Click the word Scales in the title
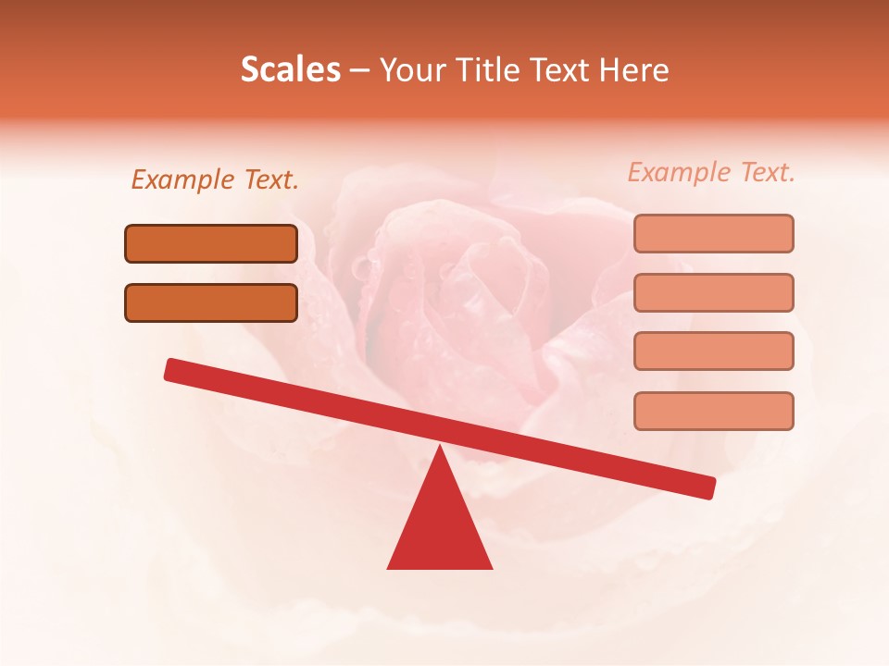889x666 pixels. [x=290, y=70]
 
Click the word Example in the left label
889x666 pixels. [x=182, y=179]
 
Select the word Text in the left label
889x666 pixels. [x=270, y=179]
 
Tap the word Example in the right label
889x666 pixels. [x=679, y=172]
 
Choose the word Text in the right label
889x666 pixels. [x=767, y=172]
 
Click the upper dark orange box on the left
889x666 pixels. [x=211, y=244]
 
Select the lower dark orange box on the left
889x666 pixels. [x=211, y=302]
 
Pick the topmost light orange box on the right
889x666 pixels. [x=713, y=233]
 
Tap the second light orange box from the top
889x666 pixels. [x=713, y=292]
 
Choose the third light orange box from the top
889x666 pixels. [x=713, y=351]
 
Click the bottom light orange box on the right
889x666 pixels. [x=713, y=411]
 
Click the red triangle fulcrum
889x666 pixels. [x=440, y=527]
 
